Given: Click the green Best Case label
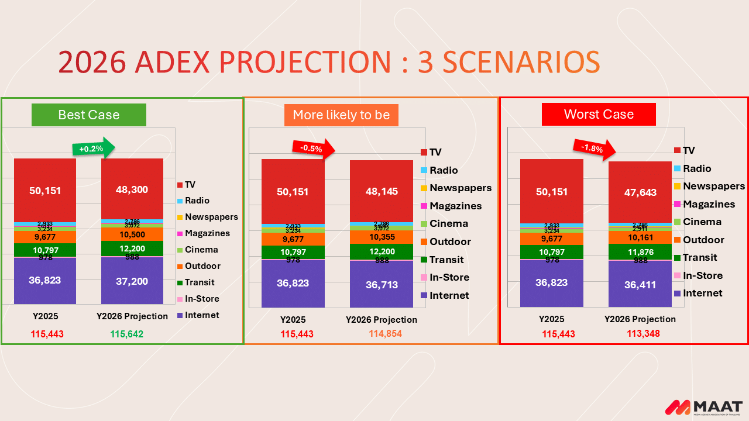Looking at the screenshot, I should point(89,115).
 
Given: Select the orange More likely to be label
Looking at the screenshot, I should point(341,115).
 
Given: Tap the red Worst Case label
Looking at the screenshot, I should point(599,114).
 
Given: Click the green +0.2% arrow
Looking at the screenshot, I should point(92,147).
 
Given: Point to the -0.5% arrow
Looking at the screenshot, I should point(313,148).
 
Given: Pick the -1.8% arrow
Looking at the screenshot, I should point(595,148).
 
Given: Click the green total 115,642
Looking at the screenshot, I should point(126,334).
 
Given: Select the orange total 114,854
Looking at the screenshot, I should point(385,334).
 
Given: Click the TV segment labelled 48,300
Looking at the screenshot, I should point(132,189).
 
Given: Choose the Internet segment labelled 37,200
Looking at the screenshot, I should point(132,281).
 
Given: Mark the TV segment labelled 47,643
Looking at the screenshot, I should point(640,192).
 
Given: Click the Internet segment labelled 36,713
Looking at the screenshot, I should point(381,285).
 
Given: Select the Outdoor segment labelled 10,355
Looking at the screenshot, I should point(381,237).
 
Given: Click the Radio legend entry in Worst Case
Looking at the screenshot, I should point(696,168).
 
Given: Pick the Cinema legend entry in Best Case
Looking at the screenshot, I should point(201,250).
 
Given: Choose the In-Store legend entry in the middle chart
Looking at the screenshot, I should point(449,277).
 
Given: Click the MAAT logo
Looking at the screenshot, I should point(704,407).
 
